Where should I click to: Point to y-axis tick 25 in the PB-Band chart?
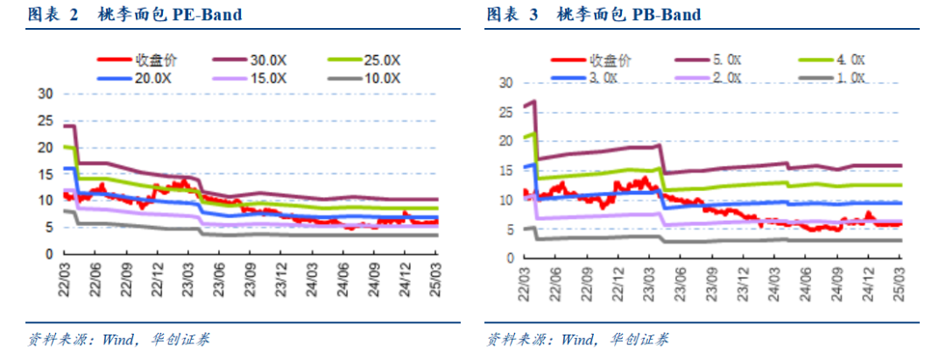coord(505,112)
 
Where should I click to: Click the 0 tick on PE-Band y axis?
coord(50,254)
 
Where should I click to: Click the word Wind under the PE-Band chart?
coord(116,339)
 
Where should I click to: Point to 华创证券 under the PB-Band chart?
coord(639,339)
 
